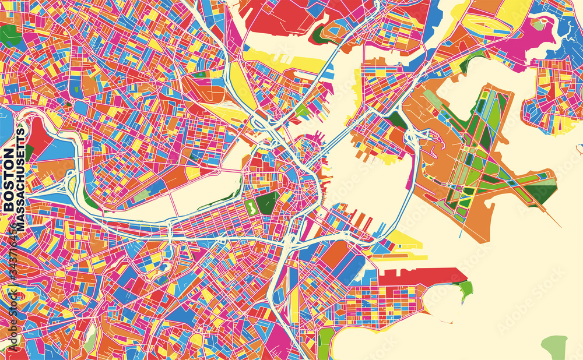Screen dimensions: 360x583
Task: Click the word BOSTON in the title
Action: [x=9, y=180]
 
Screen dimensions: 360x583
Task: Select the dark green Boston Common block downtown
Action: [x=267, y=203]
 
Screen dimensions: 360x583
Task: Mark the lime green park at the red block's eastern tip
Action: [x=465, y=288]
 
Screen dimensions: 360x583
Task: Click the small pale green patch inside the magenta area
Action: [x=538, y=24]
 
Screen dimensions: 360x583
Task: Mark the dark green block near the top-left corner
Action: [x=9, y=36]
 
